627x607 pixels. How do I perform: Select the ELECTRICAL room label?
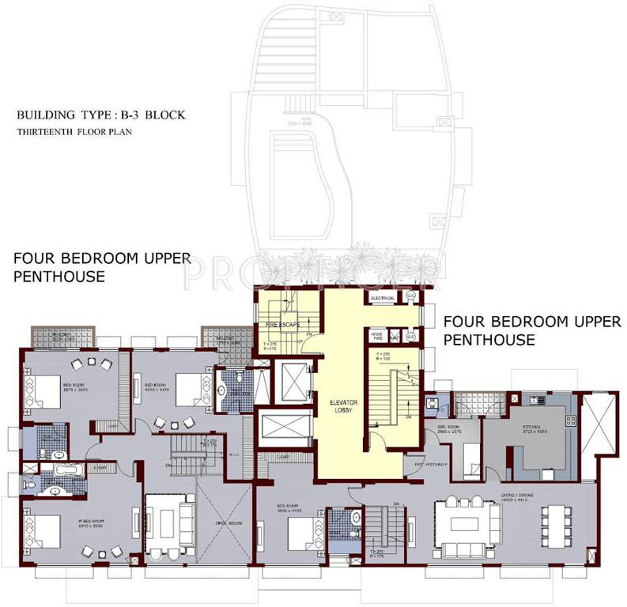click(x=383, y=298)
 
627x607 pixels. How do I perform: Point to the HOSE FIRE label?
click(x=379, y=335)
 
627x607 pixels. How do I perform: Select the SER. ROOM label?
click(x=448, y=428)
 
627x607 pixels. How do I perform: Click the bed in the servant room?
click(x=468, y=458)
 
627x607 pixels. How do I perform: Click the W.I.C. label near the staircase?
click(x=244, y=454)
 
